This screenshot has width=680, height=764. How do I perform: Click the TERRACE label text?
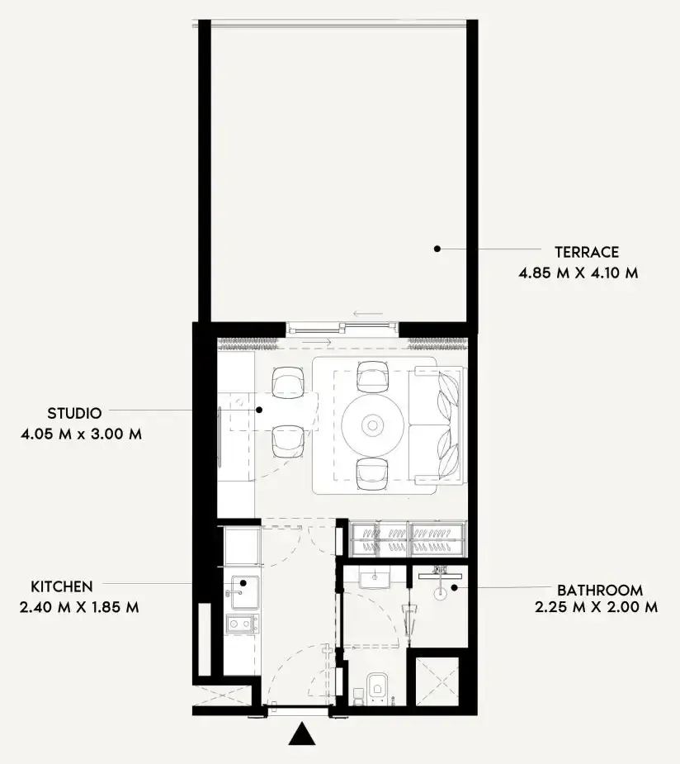click(x=587, y=252)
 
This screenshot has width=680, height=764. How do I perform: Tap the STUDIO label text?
click(x=74, y=413)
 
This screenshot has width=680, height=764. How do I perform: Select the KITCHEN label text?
click(x=62, y=586)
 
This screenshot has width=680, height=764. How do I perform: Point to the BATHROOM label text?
click(x=600, y=591)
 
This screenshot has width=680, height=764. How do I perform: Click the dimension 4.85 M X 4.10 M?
click(x=578, y=273)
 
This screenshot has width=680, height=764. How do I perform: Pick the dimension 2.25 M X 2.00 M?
click(x=597, y=608)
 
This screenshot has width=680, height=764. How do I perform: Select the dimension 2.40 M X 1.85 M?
click(x=79, y=608)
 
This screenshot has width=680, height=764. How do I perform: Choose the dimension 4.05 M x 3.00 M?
click(x=82, y=434)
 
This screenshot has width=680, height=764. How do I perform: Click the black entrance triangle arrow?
click(x=302, y=733)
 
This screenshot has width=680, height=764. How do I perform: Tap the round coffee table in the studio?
click(x=373, y=425)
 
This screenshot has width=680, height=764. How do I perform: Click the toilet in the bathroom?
click(x=378, y=687)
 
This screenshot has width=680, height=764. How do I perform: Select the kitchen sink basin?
click(x=245, y=592)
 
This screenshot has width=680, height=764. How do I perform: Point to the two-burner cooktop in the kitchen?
click(x=242, y=624)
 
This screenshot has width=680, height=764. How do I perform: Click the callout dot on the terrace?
click(x=437, y=249)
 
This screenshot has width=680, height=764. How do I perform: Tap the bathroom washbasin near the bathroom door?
click(x=375, y=578)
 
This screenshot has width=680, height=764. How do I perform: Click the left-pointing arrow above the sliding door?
click(x=369, y=314)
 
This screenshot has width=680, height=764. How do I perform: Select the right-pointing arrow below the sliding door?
click(x=316, y=343)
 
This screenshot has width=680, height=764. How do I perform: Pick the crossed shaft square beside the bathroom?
click(x=437, y=681)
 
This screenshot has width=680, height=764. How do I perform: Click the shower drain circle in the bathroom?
click(x=440, y=594)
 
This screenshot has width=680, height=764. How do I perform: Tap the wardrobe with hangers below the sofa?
click(x=408, y=539)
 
